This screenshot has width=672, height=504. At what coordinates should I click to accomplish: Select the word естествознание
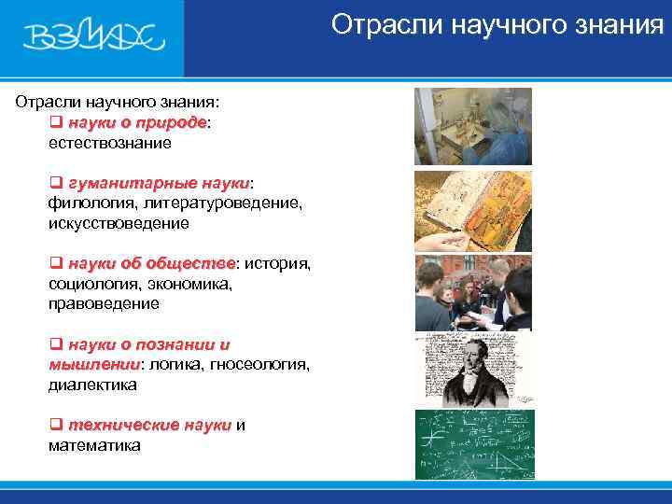point(109,144)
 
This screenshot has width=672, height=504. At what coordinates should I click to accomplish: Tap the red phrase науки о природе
point(136,123)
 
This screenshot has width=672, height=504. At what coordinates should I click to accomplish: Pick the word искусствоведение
point(119,223)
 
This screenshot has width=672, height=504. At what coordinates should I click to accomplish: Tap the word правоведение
point(104,303)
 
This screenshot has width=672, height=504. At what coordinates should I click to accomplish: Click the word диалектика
point(92,384)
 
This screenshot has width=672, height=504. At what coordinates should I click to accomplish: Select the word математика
point(94,445)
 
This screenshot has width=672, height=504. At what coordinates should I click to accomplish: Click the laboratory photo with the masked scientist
point(473,127)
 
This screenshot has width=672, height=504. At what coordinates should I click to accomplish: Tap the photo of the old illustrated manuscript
point(473,211)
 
